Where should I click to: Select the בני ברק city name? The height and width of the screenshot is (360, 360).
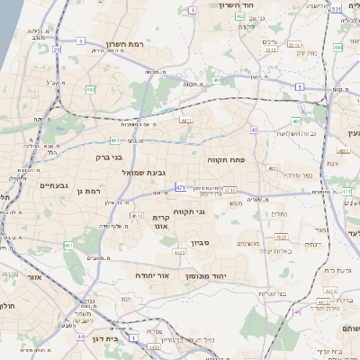point(109,157)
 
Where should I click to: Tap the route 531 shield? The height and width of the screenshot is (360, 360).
point(335,9)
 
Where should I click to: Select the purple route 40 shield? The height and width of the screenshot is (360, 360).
point(255,130)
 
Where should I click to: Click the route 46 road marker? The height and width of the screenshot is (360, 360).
point(297,312)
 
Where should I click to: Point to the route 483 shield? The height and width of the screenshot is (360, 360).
point(296,121)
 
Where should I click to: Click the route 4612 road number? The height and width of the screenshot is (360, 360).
point(138,216)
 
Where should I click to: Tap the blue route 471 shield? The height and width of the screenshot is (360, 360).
point(181,188)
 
